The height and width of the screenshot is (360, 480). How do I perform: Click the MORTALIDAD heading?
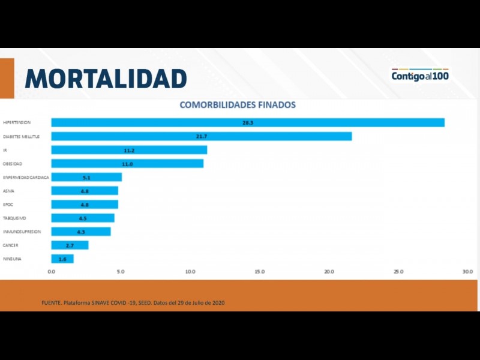(x=106, y=79)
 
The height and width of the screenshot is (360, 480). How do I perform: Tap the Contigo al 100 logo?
(x=420, y=76)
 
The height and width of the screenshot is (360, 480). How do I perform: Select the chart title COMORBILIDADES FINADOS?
(x=238, y=104)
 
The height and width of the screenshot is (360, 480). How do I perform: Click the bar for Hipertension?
(x=248, y=122)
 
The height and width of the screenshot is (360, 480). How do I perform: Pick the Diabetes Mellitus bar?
(x=201, y=136)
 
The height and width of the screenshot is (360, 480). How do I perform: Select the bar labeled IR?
(x=129, y=150)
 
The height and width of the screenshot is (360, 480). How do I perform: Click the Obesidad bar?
(x=127, y=163)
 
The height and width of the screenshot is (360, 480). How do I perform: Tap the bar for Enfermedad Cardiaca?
(x=86, y=177)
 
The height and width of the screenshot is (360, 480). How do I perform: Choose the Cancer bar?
(x=70, y=245)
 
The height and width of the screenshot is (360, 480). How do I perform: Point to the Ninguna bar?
(x=62, y=259)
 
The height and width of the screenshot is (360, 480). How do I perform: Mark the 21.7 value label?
(x=202, y=136)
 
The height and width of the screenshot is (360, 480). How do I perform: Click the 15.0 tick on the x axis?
(x=259, y=272)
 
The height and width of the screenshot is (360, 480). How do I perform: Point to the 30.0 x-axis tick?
(x=467, y=272)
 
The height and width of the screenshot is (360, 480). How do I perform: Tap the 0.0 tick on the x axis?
(x=51, y=272)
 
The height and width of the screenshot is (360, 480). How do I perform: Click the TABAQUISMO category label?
(x=14, y=218)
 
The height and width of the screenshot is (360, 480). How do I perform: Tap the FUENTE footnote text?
(x=133, y=302)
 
